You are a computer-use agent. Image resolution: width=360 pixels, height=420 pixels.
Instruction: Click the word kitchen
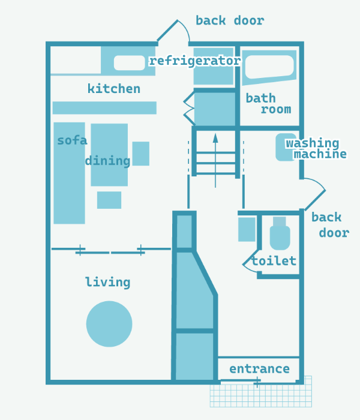[114, 89]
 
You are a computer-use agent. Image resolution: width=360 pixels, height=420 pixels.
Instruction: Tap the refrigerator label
[195, 61]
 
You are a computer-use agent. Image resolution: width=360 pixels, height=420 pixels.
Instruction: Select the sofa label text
[72, 140]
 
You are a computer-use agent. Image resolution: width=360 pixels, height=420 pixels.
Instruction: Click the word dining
[107, 161]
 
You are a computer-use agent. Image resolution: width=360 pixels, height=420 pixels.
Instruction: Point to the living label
[107, 282]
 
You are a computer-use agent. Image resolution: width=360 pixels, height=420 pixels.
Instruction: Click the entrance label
[259, 369]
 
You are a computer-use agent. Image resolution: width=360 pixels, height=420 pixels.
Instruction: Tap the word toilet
[274, 260]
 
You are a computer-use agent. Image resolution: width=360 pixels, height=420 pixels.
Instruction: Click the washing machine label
[316, 148]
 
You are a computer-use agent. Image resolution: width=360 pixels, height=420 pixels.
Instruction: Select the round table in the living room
[109, 324]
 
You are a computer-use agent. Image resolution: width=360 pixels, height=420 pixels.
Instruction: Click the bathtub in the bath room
[269, 67]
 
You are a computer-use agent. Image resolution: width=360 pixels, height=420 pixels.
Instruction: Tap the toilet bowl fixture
[280, 233]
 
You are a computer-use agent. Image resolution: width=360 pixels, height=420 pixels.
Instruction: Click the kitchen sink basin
[130, 63]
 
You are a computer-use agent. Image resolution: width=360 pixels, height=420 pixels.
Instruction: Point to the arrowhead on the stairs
[215, 138]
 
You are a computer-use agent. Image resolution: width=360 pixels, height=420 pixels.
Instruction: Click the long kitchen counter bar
[104, 107]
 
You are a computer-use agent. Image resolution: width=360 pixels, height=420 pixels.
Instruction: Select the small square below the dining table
[109, 200]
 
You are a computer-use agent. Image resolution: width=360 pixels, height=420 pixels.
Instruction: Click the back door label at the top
[230, 20]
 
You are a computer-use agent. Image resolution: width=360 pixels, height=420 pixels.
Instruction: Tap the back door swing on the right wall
[316, 191]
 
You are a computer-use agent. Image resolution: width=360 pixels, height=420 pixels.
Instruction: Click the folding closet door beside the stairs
[189, 108]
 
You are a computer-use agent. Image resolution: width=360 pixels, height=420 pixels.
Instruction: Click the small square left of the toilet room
[247, 229]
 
